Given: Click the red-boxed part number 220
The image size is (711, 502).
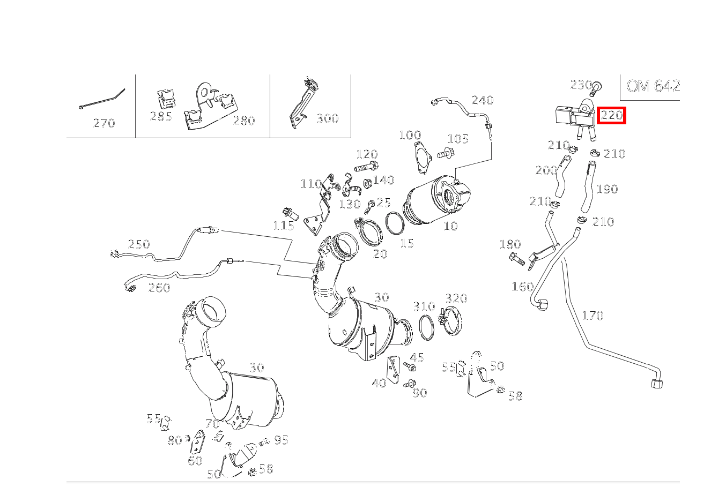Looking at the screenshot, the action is coord(611,115).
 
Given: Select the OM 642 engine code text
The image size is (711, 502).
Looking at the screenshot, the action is coord(653,86).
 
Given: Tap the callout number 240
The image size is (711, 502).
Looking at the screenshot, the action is coord(483,100).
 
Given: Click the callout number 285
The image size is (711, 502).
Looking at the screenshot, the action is coord(161,116).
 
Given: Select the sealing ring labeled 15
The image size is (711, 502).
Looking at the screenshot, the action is coord(395,223).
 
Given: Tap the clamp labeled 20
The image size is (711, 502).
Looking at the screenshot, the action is coord(368,231).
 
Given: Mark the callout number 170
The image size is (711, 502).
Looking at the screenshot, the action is coord(592,316).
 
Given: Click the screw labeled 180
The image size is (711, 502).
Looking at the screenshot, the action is coord(517,259).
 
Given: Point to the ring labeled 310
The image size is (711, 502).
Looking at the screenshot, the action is coord(427,327).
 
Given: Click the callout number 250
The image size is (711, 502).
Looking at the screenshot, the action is coord(139,244).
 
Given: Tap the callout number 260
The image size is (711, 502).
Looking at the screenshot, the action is coord(159,288).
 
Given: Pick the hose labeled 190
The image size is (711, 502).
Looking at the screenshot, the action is coord(588,186).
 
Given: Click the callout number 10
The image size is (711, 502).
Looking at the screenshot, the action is coord(450,226).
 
